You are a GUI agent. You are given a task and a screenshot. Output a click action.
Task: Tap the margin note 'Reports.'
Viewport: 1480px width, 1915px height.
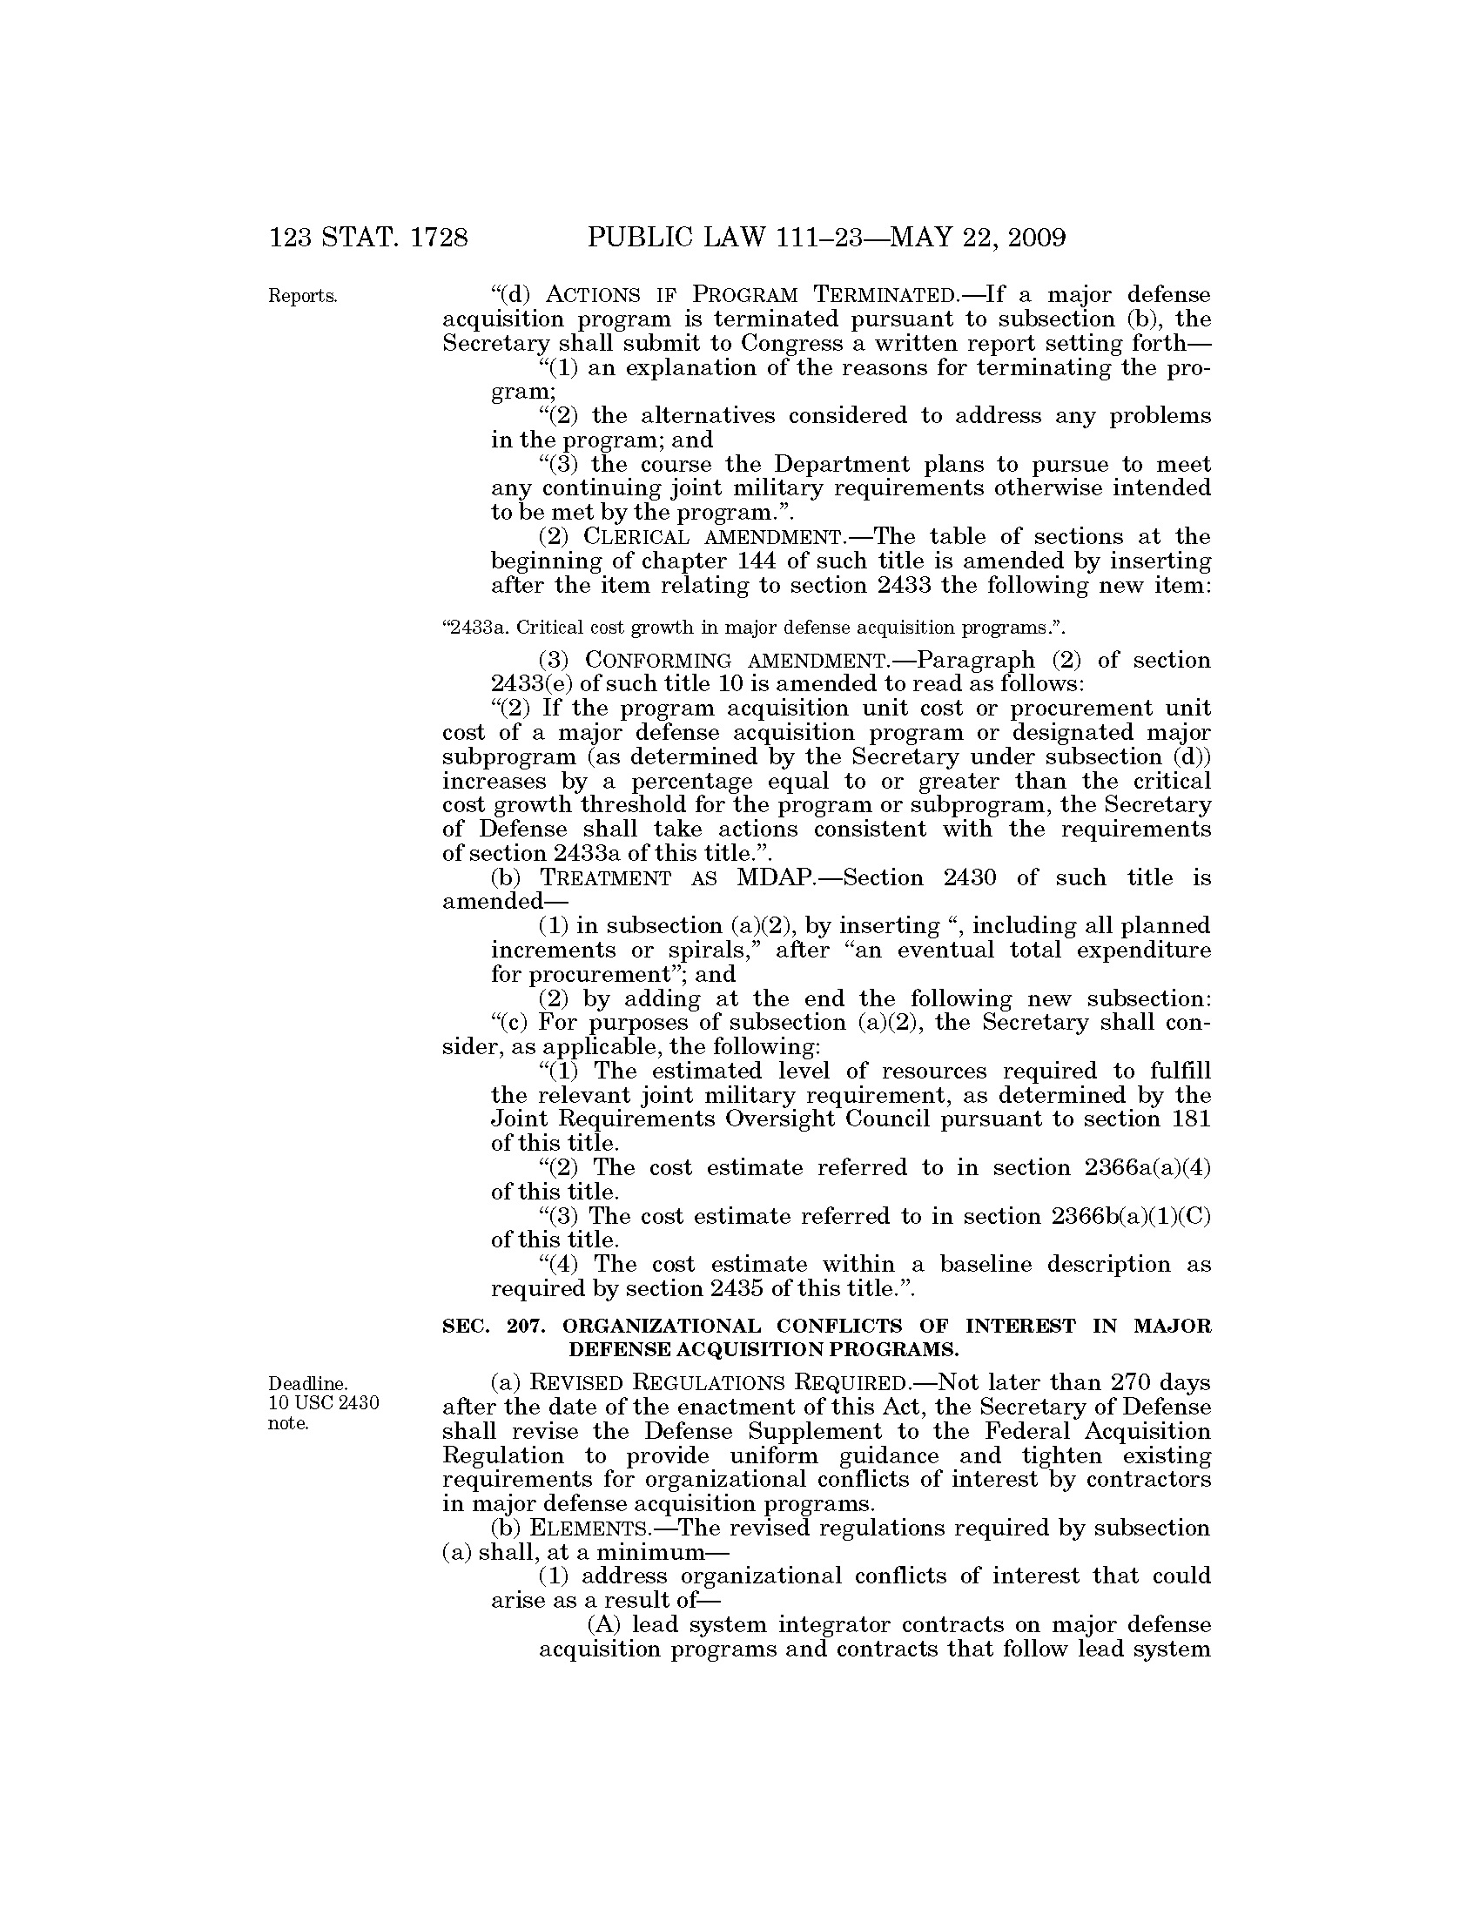click(x=302, y=296)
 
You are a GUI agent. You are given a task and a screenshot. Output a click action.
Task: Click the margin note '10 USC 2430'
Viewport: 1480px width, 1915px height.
click(x=323, y=1403)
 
